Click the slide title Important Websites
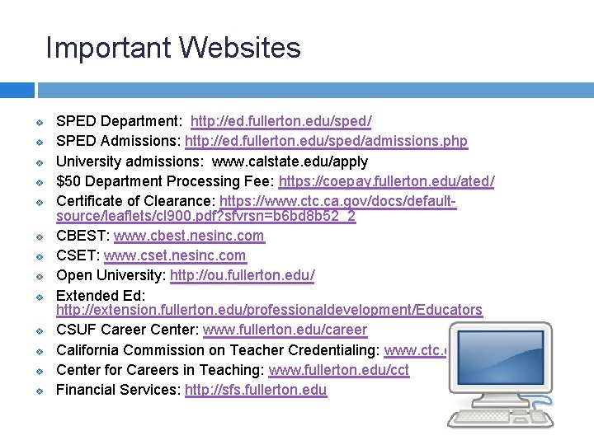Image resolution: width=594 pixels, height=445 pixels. [173, 48]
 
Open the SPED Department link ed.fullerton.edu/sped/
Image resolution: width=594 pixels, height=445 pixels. [280, 122]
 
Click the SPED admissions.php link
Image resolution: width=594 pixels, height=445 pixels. [326, 142]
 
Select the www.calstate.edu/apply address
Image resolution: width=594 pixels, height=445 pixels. [280, 162]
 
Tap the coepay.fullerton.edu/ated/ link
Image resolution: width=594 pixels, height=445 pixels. [386, 181]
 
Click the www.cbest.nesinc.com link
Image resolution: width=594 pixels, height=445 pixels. [189, 236]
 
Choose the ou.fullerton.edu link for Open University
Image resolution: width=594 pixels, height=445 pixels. [242, 275]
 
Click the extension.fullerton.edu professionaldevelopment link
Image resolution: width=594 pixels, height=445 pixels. [269, 311]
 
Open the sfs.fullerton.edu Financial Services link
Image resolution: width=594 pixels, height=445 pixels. [256, 390]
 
